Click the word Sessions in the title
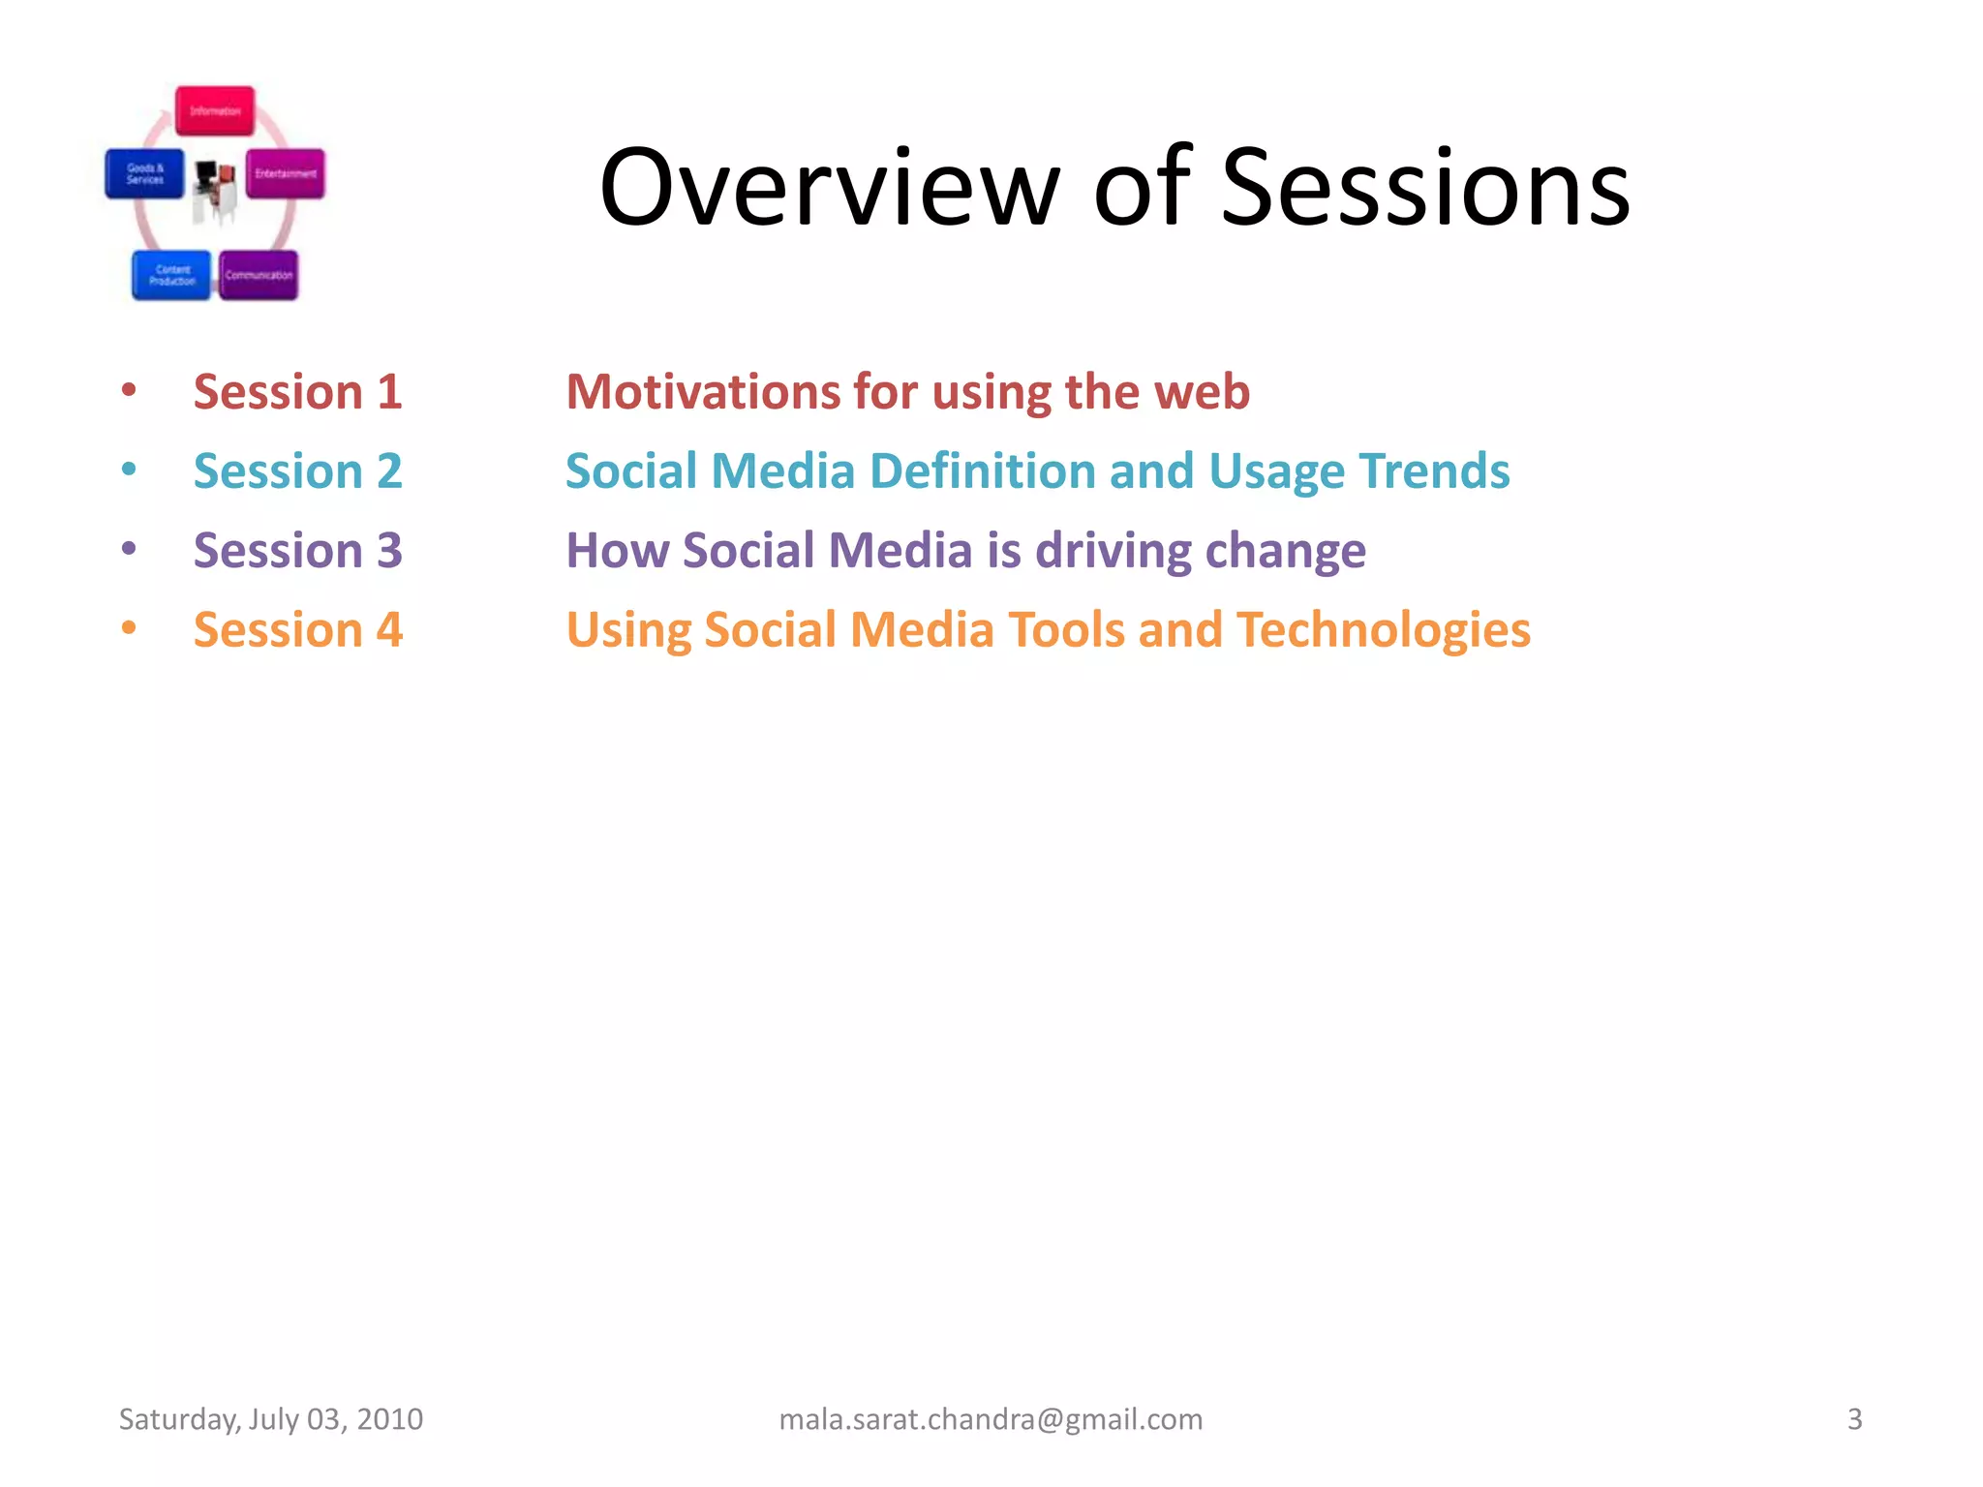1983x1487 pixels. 1425,189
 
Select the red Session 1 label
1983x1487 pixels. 297,392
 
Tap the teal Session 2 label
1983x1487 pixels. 297,471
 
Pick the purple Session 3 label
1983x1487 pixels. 297,551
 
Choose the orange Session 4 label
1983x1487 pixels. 297,630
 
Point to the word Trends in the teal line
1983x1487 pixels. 1434,471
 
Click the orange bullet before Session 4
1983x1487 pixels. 129,628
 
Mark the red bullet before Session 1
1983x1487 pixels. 129,390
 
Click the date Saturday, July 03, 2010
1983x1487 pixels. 271,1419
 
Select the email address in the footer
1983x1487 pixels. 991,1419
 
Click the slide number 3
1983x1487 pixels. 1854,1419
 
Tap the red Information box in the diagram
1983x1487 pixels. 215,111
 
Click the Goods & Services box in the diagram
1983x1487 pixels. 144,174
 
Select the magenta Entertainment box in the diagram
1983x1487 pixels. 286,174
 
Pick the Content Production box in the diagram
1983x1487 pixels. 171,275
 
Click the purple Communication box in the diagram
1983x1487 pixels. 259,275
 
